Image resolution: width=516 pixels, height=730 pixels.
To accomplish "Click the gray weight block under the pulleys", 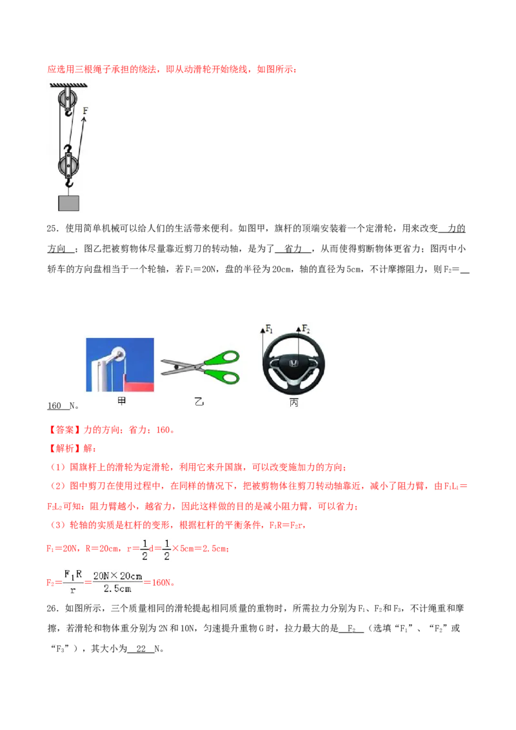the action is coord(68,203).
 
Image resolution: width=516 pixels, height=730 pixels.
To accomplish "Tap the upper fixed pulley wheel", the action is coord(68,99).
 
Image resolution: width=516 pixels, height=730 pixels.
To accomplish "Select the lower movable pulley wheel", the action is coord(68,165).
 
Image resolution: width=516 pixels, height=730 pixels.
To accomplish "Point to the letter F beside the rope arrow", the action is coord(85,111).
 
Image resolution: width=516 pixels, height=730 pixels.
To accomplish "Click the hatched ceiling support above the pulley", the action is coord(68,85).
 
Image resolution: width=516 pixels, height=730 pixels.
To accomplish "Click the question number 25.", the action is coord(53,228).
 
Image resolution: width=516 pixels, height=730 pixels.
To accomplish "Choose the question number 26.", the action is coord(53,608).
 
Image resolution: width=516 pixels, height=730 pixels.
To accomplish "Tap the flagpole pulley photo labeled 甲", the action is coord(120,364).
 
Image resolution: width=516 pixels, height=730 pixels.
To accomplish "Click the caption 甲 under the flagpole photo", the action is coord(121,401).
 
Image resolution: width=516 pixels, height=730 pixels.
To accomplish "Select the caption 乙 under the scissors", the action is coord(199,401).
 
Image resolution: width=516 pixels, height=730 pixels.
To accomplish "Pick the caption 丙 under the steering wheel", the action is coord(293,402).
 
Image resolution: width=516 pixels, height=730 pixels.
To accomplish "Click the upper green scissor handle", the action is coord(222,359).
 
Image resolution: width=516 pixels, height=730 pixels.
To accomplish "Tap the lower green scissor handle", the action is coord(222,375).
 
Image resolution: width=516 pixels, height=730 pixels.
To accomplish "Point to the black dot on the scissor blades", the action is coord(177,367).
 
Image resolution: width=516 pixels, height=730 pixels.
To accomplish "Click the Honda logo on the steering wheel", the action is coord(294,364).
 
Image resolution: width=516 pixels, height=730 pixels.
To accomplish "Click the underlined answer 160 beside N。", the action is coord(54,406).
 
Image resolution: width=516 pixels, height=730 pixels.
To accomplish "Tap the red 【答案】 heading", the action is coord(64,429).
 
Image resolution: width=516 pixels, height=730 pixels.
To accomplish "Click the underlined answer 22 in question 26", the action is coord(141,649).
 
